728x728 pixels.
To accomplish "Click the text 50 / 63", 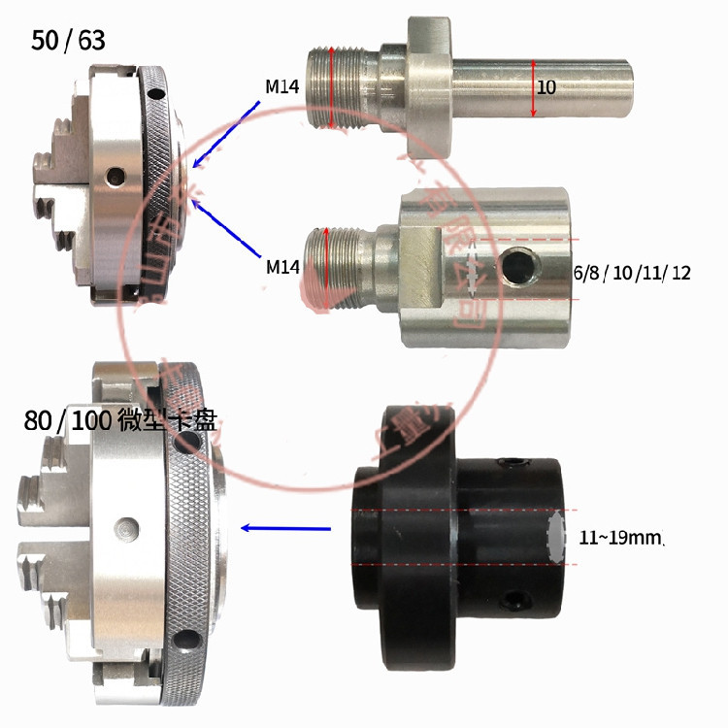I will tap(68, 40).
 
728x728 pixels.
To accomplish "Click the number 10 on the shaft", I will tap(546, 87).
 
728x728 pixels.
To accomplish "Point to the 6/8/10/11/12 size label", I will tap(632, 274).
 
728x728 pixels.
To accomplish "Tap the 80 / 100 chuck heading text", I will tap(121, 421).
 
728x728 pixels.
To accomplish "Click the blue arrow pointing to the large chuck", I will tap(285, 528).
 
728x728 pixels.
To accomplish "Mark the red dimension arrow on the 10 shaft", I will tap(533, 87).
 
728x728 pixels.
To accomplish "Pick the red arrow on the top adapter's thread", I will tap(332, 87).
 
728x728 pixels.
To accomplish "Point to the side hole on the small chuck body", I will tap(117, 175).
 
